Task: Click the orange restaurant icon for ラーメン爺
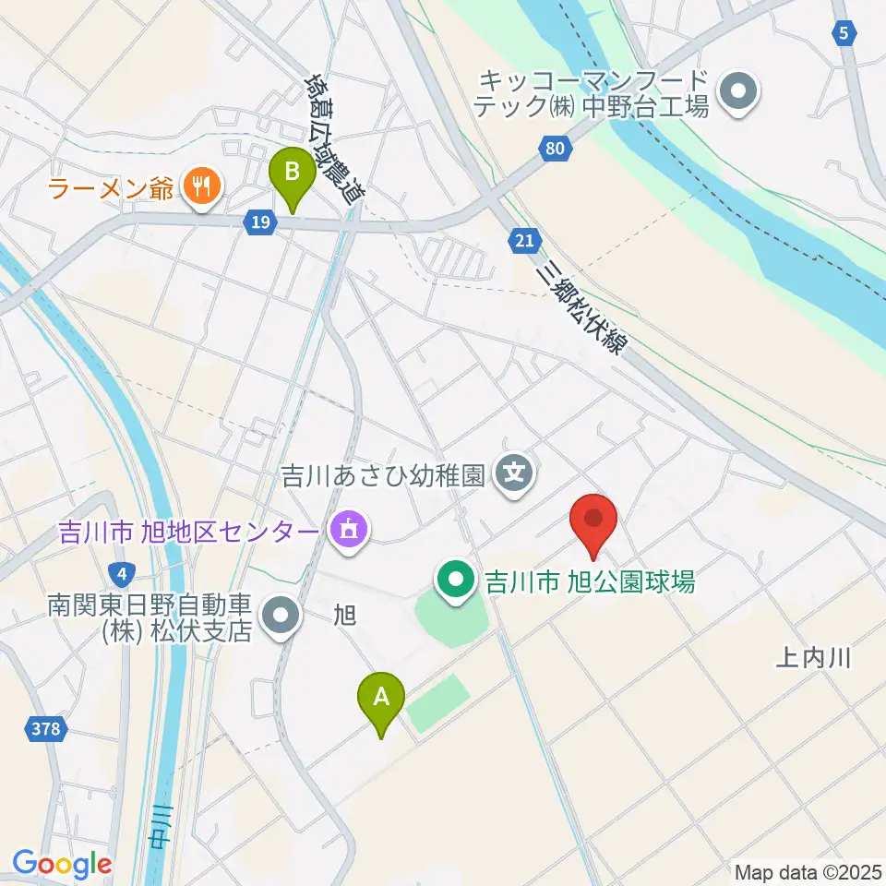[199, 189]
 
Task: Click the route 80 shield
[553, 148]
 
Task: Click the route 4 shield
[123, 573]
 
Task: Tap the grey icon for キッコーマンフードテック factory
[739, 92]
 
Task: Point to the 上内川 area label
[811, 658]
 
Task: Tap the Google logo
[62, 864]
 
